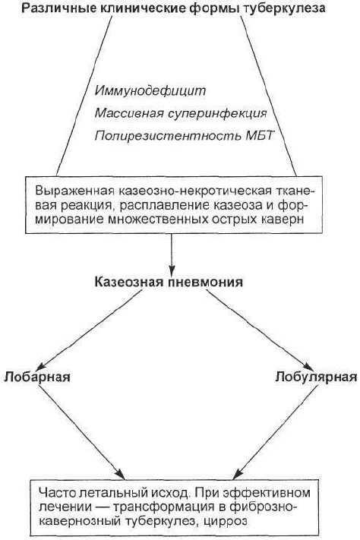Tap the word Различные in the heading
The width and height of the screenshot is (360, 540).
(x=52, y=8)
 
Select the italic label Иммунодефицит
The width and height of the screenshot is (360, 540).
(x=150, y=91)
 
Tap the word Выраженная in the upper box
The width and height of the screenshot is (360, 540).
(x=74, y=191)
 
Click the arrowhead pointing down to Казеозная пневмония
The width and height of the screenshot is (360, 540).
(x=172, y=269)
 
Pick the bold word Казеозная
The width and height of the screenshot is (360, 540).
(x=130, y=283)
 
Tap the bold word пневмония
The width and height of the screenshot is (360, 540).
(x=206, y=283)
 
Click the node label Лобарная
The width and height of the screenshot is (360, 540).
(x=37, y=377)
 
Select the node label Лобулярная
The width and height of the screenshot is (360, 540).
(x=316, y=377)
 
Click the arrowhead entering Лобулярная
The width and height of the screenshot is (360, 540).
(x=308, y=367)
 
